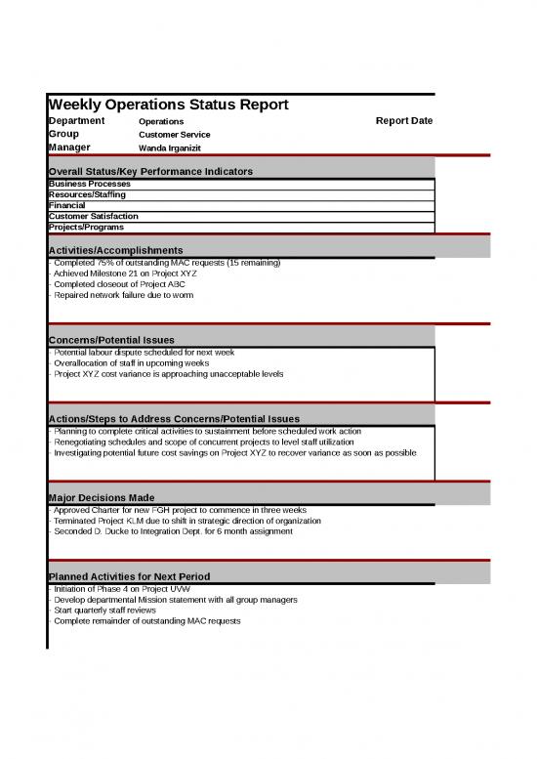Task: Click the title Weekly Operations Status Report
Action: tap(168, 105)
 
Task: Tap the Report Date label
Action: tap(403, 121)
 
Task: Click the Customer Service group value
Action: tap(174, 134)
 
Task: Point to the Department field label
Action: tap(77, 121)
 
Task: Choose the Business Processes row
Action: tap(89, 184)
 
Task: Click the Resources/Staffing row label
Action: tap(87, 194)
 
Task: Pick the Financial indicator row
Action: tap(67, 205)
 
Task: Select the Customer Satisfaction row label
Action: tap(93, 216)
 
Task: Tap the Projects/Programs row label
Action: tap(86, 227)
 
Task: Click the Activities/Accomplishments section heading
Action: tap(115, 251)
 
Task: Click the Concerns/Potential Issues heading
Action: tap(111, 339)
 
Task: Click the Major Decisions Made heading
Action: tap(101, 498)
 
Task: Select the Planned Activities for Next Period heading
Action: tap(129, 576)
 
